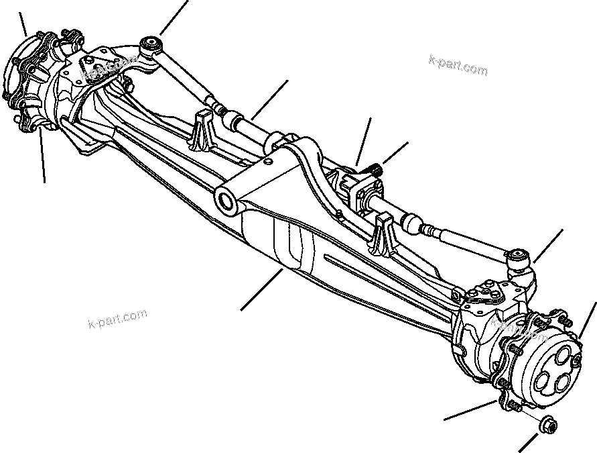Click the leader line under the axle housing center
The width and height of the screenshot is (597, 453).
(x=261, y=289)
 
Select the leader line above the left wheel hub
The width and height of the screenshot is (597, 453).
(x=23, y=24)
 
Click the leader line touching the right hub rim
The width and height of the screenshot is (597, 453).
(x=586, y=322)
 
